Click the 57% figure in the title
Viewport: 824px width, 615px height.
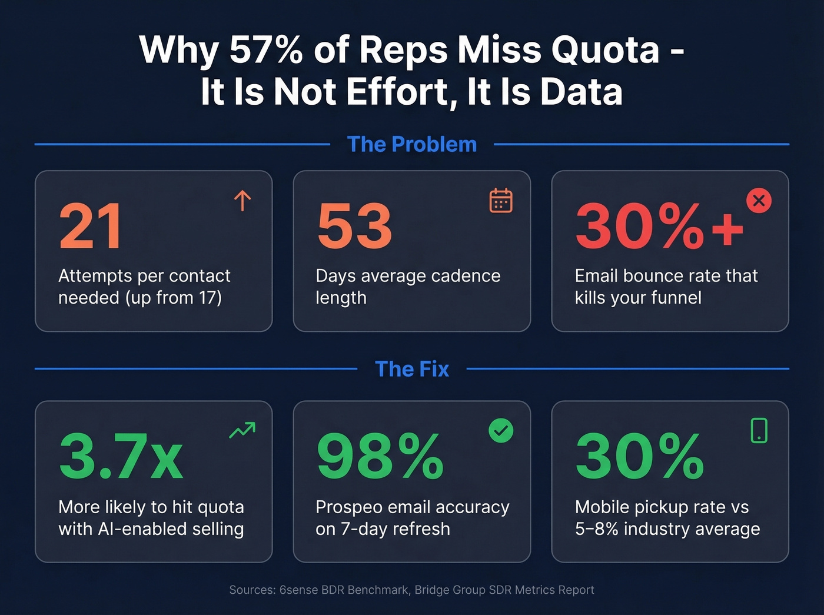pos(266,50)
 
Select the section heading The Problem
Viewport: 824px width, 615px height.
pos(412,144)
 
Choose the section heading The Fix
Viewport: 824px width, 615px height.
pos(412,369)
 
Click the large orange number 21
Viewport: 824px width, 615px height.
pos(91,227)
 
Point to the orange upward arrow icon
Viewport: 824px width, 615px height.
pos(242,201)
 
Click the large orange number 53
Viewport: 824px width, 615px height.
pos(354,227)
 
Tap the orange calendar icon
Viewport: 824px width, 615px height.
pos(501,201)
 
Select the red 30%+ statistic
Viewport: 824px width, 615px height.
pos(659,227)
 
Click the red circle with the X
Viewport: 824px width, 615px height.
pos(759,201)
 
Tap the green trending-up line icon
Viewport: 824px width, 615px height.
pos(242,430)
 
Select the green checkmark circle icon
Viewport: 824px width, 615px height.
pos(501,431)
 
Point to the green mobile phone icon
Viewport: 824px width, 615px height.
pos(759,430)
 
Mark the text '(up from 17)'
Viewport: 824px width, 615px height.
pos(174,298)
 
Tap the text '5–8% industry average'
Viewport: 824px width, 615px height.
pos(667,529)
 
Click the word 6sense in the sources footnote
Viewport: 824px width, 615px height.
pos(298,590)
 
